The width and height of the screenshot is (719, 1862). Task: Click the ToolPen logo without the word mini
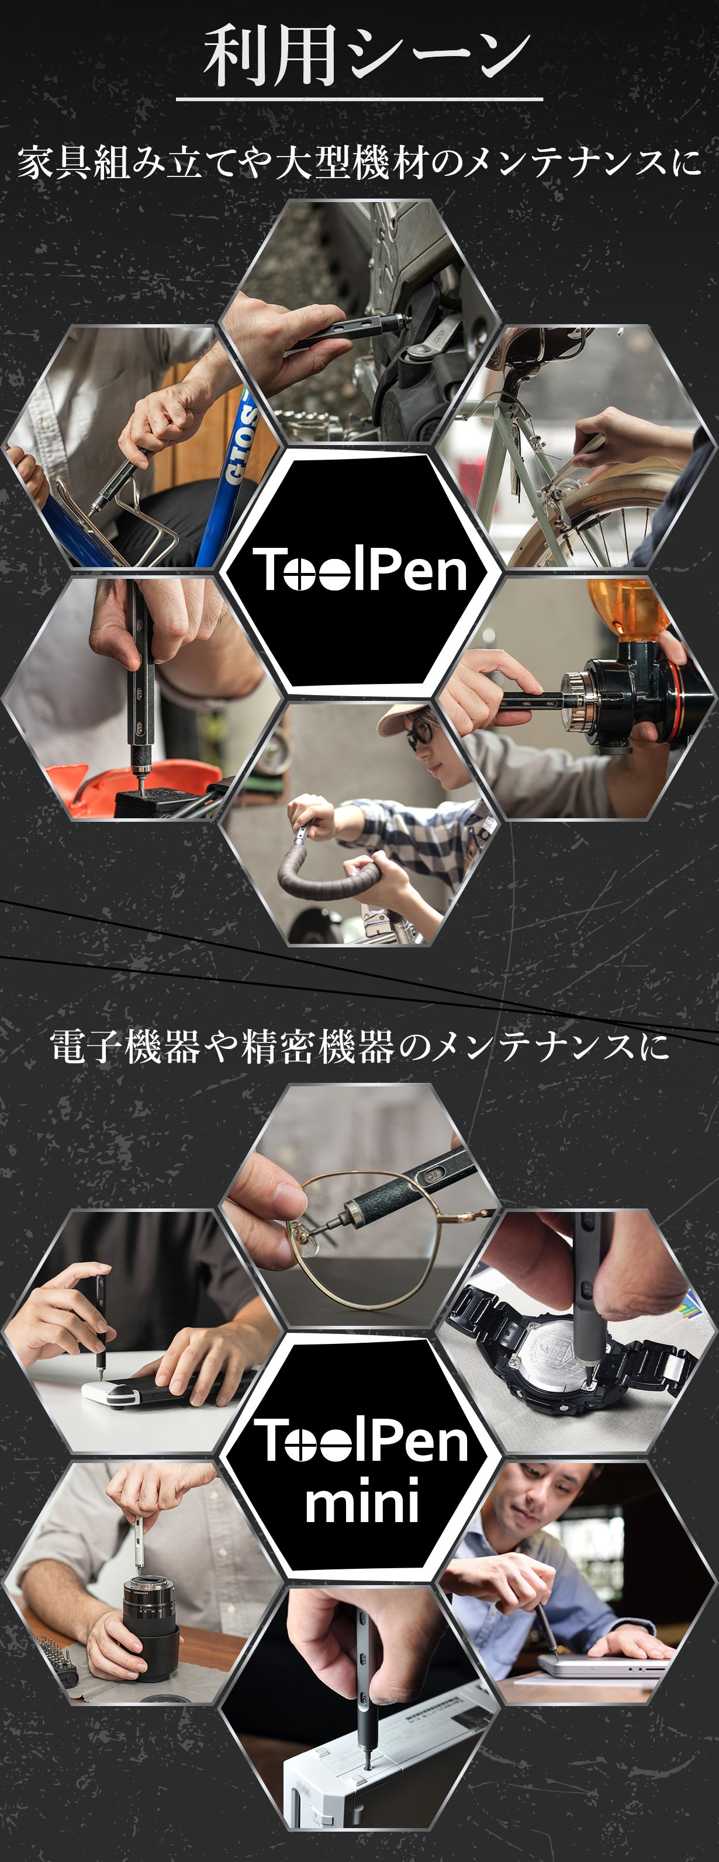[359, 570]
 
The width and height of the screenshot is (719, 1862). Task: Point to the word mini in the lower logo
[362, 1499]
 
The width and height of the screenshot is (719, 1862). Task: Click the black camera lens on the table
[150, 1620]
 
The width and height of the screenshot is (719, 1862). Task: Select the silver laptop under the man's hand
[604, 1666]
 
